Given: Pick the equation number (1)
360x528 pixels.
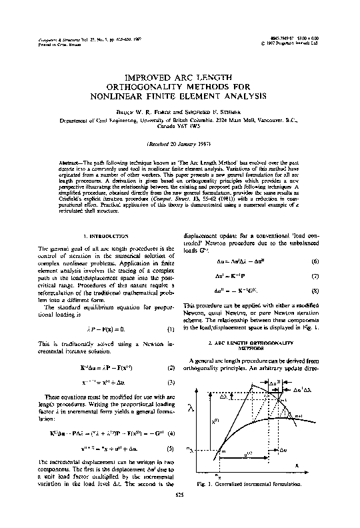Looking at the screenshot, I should (x=171, y=329).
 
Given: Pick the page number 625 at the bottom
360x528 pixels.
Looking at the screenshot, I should (x=179, y=514).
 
